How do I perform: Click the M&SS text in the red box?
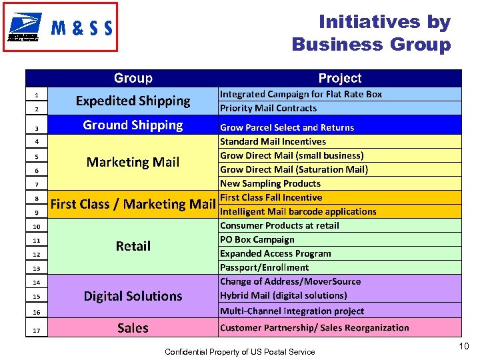81,28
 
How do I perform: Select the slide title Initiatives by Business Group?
371,33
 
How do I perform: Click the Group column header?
133,79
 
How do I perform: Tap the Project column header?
339,79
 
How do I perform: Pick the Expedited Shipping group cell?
133,101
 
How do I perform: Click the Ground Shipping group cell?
133,125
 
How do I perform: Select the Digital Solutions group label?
133,296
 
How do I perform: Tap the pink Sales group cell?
133,327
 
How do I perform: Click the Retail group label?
133,246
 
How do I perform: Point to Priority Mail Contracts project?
269,108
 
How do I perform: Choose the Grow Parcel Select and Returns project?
287,127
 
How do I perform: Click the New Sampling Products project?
270,183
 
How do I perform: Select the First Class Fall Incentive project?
271,197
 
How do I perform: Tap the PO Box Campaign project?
257,239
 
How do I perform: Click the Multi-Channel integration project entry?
292,311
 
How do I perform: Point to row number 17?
37,329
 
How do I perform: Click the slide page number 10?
464,345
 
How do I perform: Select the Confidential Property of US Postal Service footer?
240,351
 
